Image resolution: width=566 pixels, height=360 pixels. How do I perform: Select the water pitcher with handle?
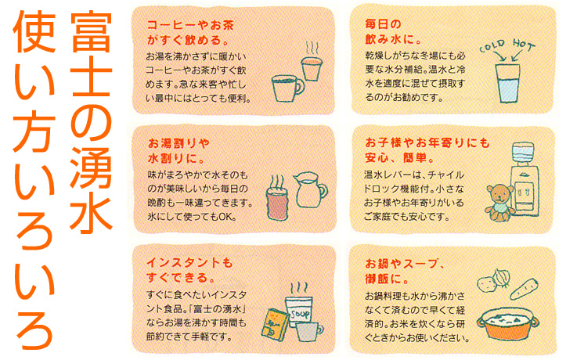tap(310, 189)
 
